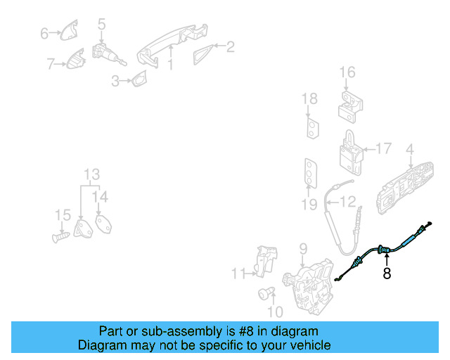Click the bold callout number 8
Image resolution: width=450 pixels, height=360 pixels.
[x=387, y=273]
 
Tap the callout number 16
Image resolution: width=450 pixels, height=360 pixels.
[x=347, y=72]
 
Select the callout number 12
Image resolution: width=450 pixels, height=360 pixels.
[x=347, y=202]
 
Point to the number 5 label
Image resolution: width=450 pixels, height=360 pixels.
[x=101, y=24]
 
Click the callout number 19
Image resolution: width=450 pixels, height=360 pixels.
[x=309, y=205]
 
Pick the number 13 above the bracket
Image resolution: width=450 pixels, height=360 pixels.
[x=92, y=174]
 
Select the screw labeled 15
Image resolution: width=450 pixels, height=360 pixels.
[x=61, y=237]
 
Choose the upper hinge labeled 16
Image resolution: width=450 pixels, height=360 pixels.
[x=350, y=107]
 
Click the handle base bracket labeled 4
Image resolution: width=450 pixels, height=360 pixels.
[x=405, y=188]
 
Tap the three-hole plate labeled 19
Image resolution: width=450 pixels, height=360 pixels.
[x=311, y=173]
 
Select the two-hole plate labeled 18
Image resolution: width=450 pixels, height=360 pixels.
[x=312, y=127]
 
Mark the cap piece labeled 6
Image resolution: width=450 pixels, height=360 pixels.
[x=69, y=30]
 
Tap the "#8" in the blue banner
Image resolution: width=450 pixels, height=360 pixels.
[x=246, y=332]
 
